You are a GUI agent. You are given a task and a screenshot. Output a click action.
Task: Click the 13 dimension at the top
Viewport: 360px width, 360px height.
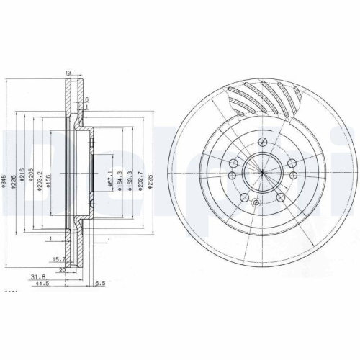68,73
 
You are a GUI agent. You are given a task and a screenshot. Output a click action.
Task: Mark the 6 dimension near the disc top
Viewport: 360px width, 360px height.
86,99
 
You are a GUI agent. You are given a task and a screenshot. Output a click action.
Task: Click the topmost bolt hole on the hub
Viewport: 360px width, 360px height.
264,142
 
